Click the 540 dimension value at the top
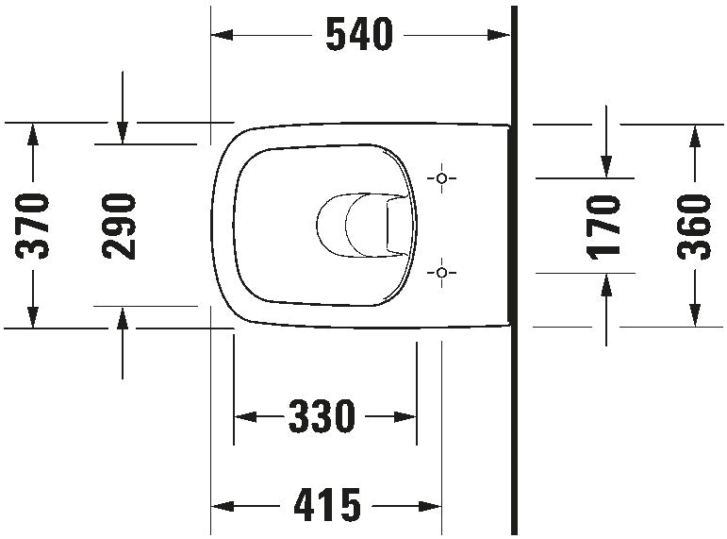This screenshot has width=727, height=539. (357, 36)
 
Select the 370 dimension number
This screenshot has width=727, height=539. (35, 226)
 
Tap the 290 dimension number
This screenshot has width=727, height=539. (120, 226)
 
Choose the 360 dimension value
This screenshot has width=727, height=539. (695, 226)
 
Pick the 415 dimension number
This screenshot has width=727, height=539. (326, 506)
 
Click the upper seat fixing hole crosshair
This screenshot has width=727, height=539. (441, 178)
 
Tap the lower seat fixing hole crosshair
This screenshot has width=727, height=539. (441, 273)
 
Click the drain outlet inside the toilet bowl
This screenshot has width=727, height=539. (363, 226)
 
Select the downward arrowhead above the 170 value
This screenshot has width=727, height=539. (605, 166)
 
